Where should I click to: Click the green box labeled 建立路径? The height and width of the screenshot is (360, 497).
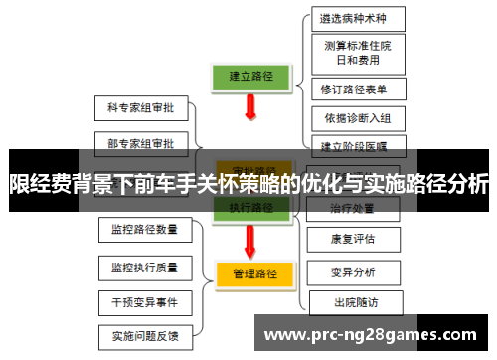click(x=250, y=75)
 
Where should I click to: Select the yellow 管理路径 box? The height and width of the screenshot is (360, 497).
click(x=251, y=272)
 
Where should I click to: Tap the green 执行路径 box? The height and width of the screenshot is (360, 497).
click(x=250, y=208)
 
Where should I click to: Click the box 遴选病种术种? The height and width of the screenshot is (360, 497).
click(x=357, y=18)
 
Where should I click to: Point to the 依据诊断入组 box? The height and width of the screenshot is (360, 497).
click(x=357, y=119)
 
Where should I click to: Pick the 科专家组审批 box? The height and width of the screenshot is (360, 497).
click(x=140, y=107)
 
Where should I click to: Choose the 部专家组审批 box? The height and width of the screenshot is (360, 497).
click(x=140, y=143)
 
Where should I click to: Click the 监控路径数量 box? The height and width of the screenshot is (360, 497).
click(x=145, y=230)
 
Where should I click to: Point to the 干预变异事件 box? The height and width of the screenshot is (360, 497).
click(x=145, y=300)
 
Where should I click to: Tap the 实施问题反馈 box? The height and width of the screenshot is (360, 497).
click(x=145, y=335)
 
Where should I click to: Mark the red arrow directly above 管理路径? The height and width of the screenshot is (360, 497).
click(x=250, y=239)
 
